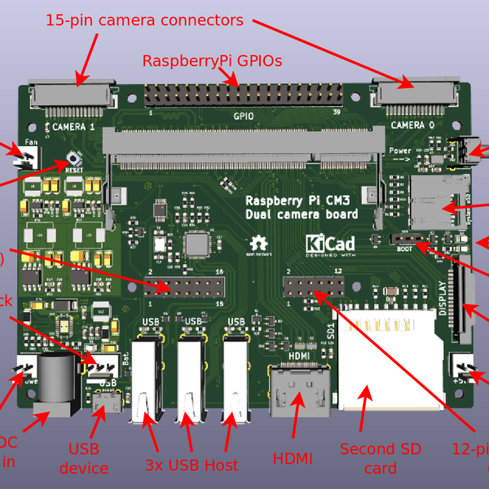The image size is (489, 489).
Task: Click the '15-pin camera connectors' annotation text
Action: tap(144, 20)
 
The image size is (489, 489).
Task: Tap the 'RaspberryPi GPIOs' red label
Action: tap(212, 61)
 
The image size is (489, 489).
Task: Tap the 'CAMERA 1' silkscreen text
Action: tap(73, 127)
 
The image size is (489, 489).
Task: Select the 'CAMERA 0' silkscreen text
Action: tap(407, 125)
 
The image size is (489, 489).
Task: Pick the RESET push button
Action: tap(73, 160)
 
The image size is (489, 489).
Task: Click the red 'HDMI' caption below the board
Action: tap(293, 459)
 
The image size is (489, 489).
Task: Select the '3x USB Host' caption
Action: tap(192, 465)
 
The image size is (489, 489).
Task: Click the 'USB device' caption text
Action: tap(84, 458)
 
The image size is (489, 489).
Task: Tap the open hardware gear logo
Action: tap(259, 244)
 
